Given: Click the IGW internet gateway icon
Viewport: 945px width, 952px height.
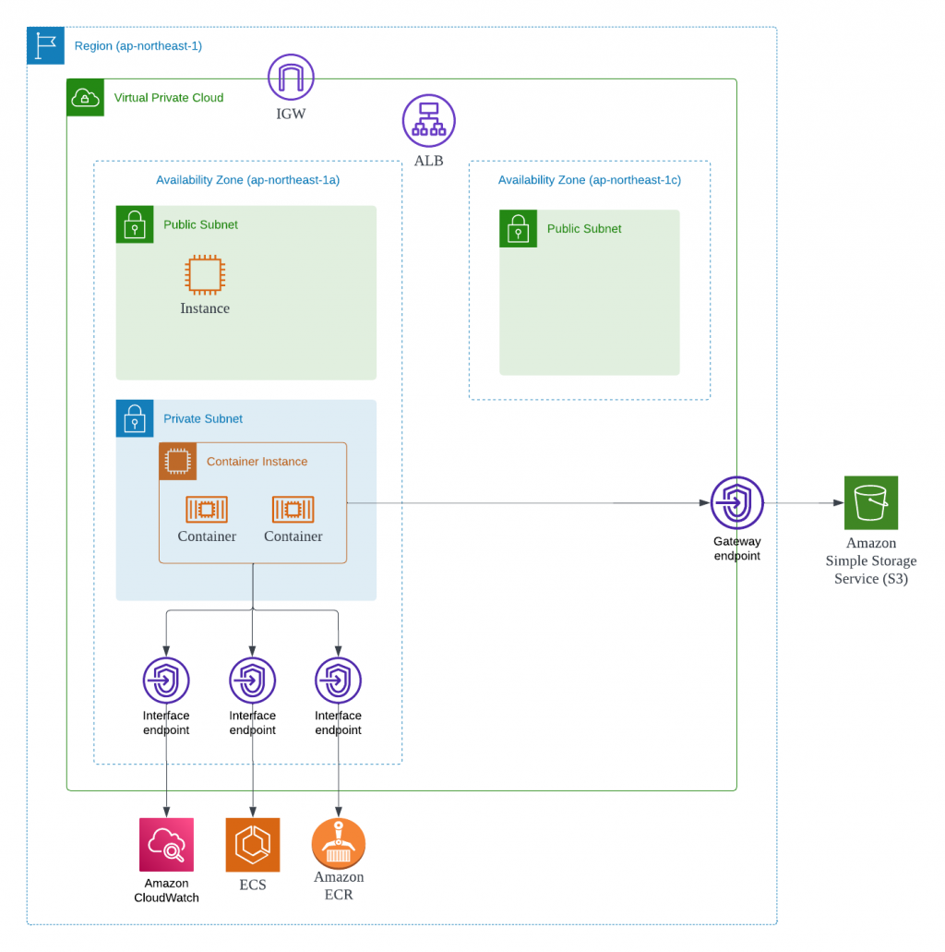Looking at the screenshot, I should coord(291,77).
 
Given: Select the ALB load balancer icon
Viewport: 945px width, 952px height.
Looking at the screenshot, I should coord(429,121).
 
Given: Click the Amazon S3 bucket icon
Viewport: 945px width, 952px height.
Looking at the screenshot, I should coord(870,502).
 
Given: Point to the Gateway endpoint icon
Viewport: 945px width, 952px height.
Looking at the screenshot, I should coord(736,502).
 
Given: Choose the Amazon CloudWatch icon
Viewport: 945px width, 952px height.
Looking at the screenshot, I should coord(166,844).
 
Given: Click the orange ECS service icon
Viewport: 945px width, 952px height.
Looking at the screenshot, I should coord(252,844).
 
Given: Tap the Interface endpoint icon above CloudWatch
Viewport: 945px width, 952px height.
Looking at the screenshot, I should coord(166,681).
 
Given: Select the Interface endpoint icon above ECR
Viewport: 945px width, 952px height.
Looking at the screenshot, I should coord(338,681).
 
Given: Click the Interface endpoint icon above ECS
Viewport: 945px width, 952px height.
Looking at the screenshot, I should coord(252,681).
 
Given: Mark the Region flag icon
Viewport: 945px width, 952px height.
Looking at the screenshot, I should coord(45,45).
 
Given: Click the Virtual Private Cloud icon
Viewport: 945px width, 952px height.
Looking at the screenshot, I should coord(85,97).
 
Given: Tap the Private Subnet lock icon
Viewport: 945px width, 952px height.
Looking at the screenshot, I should coord(135,418).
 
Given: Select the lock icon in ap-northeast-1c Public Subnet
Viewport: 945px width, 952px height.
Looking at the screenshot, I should coord(518,228).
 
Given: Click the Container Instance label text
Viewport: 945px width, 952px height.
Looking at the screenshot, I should coord(257,462).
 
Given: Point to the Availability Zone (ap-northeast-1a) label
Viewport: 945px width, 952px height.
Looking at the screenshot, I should coord(247,180).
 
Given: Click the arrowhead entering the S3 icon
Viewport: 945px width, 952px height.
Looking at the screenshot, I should coord(838,503).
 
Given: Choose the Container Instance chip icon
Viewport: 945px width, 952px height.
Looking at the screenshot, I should coord(178,461).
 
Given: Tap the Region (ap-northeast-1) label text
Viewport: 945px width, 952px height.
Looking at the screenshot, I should coord(138,46).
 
